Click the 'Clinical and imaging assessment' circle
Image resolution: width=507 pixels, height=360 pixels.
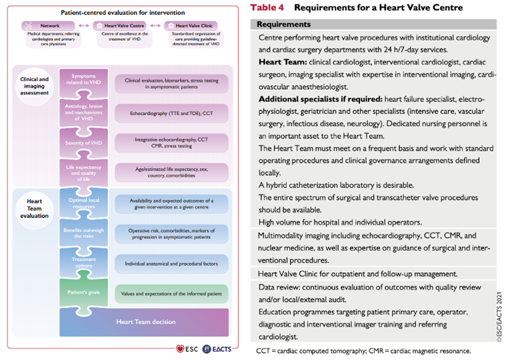[x=35, y=86]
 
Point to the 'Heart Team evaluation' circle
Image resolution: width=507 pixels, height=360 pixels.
[x=35, y=209]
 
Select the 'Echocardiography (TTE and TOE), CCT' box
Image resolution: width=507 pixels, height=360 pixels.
[x=172, y=114]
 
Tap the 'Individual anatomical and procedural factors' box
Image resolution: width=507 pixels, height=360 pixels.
[x=172, y=264]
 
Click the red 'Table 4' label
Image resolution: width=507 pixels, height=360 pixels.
[x=267, y=8]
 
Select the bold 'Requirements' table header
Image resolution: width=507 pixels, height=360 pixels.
[x=283, y=25]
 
